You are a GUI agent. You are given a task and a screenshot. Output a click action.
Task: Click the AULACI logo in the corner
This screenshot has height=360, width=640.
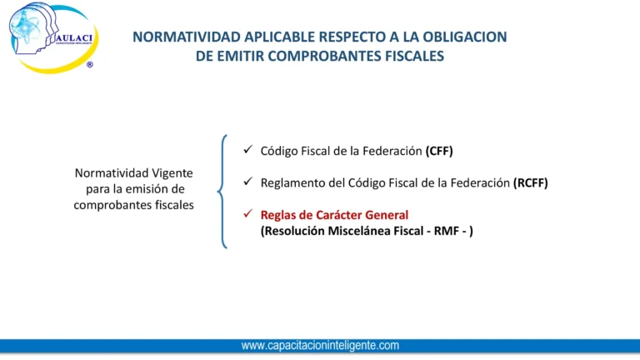click(x=52, y=37)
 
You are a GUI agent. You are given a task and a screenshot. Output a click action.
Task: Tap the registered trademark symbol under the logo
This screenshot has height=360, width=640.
click(x=89, y=64)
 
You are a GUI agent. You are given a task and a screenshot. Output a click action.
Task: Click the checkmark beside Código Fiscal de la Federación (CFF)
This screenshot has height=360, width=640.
click(x=247, y=151)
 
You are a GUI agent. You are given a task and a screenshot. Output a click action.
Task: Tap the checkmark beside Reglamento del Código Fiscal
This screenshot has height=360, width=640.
click(x=247, y=182)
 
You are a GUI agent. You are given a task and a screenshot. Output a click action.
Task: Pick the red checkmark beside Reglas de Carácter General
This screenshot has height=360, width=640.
click(x=247, y=214)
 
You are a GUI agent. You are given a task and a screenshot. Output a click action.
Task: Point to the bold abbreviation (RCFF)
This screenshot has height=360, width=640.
click(x=530, y=182)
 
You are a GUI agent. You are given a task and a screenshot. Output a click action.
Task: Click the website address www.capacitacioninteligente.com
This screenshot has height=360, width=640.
click(x=320, y=345)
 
